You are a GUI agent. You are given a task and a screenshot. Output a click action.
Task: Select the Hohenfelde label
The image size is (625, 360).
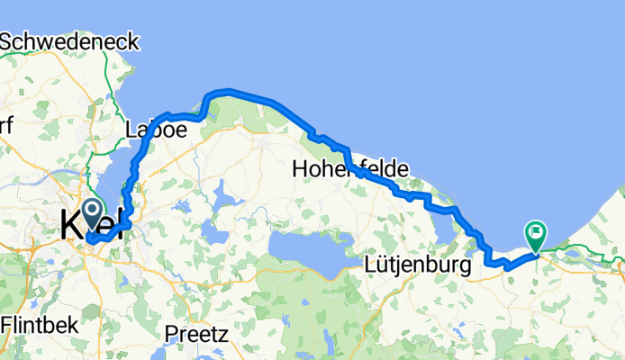351,168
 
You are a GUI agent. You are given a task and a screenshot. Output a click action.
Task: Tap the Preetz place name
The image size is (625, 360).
195,333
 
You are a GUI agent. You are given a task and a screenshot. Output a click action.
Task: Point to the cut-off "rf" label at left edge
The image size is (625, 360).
6,127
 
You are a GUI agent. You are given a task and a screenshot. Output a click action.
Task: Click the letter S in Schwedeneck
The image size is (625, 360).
9,42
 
